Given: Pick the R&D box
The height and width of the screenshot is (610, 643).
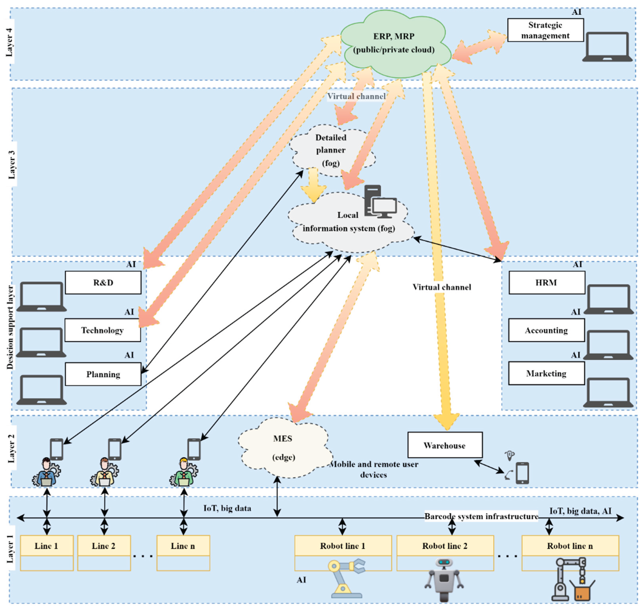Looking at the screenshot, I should click(x=103, y=283).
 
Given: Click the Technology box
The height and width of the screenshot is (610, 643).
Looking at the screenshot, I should click(x=102, y=330).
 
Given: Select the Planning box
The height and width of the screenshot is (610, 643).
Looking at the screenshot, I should click(x=103, y=374).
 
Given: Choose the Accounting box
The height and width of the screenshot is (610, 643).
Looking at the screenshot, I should click(x=546, y=330).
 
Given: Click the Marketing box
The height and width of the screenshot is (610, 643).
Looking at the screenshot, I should click(x=546, y=373).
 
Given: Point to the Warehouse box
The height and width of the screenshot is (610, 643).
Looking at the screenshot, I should click(x=445, y=445).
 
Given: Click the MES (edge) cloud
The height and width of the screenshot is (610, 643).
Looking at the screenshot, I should click(x=283, y=448).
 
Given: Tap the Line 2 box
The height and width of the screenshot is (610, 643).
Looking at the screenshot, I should click(x=104, y=546).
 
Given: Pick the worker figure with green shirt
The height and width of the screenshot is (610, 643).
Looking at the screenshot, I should click(x=183, y=472).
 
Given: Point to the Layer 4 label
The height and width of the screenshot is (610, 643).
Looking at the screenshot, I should click(x=9, y=42).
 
